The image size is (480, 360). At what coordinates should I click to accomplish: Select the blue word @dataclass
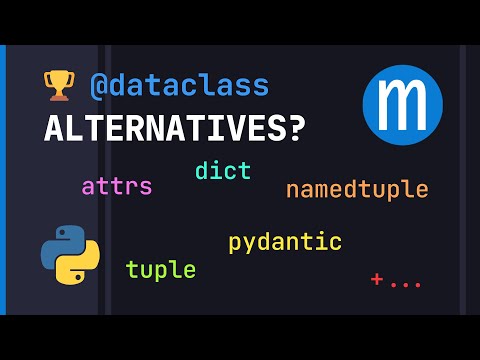(180, 86)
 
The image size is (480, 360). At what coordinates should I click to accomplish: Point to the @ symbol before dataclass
(99, 86)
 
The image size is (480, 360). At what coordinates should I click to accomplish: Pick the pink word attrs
(117, 186)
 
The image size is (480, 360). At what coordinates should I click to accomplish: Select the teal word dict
(223, 170)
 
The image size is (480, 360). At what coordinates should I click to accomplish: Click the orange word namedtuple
(356, 189)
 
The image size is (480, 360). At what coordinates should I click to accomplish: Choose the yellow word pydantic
(285, 242)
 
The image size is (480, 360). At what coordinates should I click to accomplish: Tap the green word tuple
(160, 269)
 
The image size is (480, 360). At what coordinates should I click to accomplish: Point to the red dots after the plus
(406, 284)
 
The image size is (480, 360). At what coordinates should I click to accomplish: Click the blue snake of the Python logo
(60, 243)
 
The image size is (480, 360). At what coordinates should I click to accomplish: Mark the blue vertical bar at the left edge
(3, 180)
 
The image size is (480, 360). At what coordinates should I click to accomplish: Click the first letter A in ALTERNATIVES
(54, 129)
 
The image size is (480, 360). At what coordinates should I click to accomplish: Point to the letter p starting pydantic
(235, 244)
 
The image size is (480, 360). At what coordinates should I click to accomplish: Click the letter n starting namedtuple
(292, 189)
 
